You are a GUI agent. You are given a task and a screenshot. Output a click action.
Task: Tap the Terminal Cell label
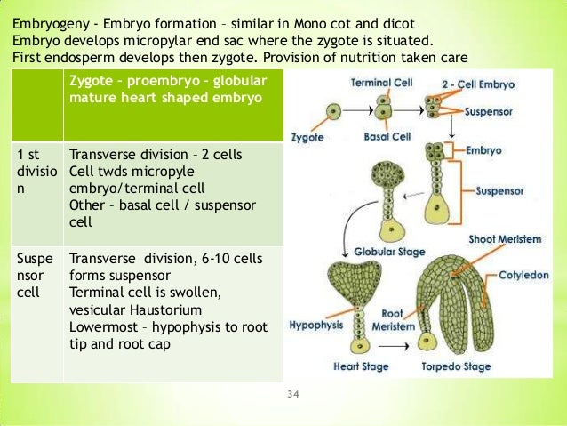(x=373, y=82)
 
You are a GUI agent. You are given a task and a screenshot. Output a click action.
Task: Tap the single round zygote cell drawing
(x=332, y=112)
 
